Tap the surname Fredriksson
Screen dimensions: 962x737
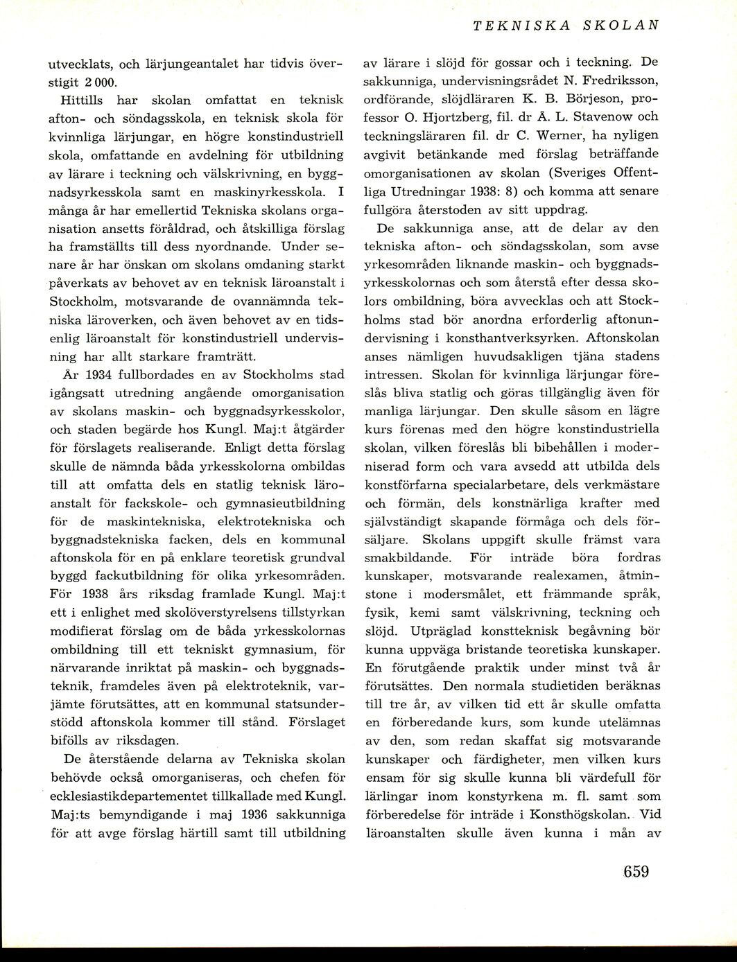click(617, 81)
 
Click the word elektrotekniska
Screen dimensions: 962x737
click(257, 521)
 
